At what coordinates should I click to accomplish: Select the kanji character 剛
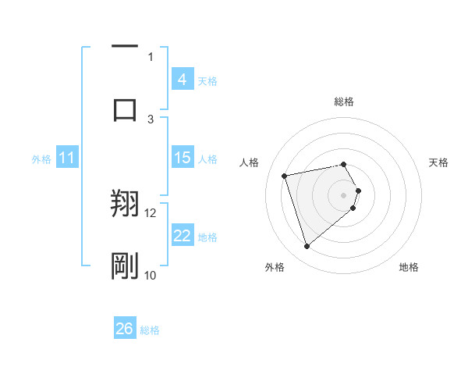125,267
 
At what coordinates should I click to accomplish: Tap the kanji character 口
125,109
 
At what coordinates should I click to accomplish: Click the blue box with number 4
182,79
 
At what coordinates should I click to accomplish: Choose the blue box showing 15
182,158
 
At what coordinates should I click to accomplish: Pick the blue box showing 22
182,236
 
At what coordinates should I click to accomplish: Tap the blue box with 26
124,329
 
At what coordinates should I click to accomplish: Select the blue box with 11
66,159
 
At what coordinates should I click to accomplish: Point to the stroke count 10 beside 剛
151,275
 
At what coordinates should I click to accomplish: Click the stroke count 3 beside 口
151,119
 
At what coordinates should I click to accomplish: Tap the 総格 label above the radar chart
344,102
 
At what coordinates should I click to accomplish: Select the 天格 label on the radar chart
439,162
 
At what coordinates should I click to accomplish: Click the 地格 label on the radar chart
409,268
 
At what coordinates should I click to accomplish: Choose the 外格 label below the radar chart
275,268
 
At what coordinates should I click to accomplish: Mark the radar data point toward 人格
285,175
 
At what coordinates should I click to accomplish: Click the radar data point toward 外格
307,247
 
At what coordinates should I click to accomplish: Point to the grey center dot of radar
344,194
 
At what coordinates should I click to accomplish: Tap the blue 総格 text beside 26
150,330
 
